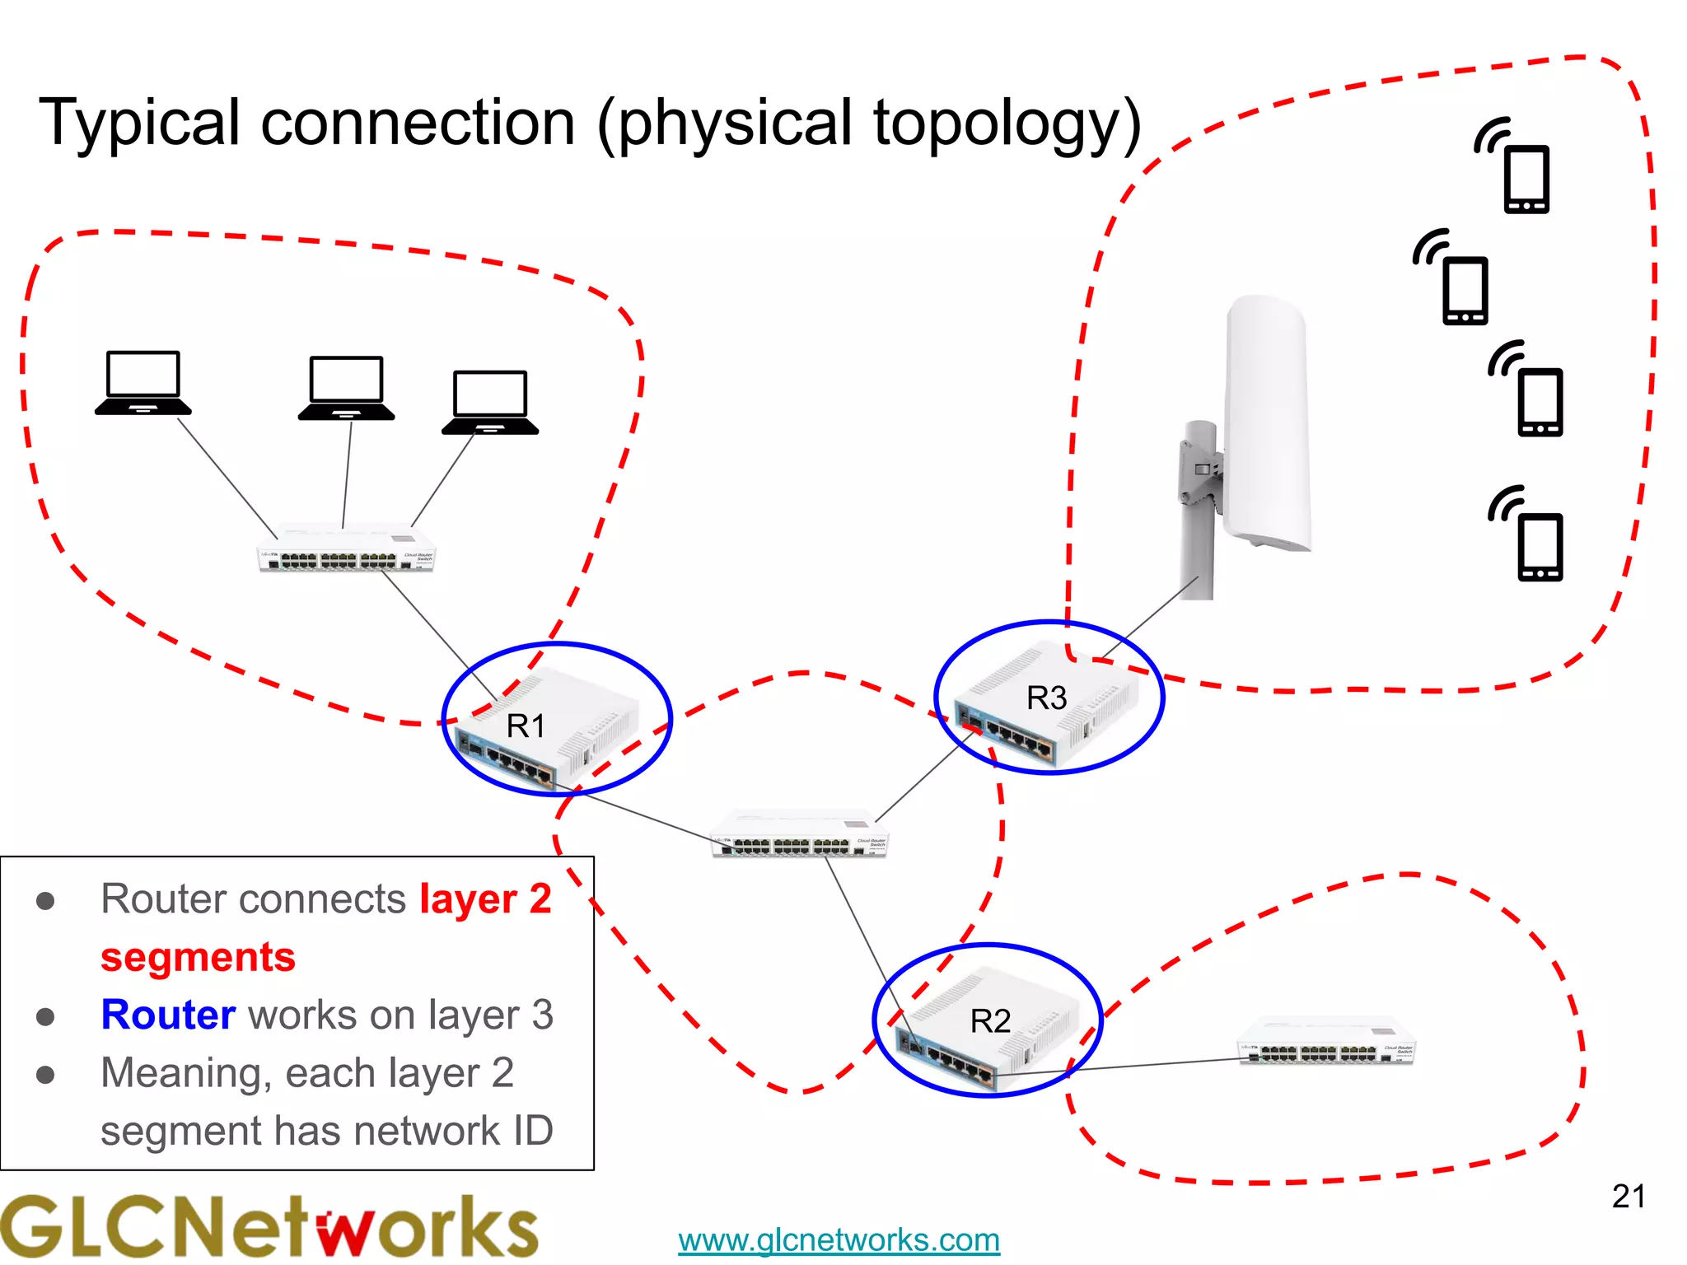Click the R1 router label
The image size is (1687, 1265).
pyautogui.click(x=526, y=726)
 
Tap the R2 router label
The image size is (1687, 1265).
pyautogui.click(x=990, y=1021)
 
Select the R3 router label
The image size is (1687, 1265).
pyautogui.click(x=1046, y=698)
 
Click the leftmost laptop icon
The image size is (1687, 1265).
pyautogui.click(x=143, y=383)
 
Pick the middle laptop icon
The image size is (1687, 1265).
pyautogui.click(x=346, y=388)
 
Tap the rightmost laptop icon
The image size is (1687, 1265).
pyautogui.click(x=490, y=402)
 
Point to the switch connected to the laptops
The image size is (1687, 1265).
pyautogui.click(x=346, y=548)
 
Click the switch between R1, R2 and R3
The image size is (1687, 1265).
pyautogui.click(x=799, y=834)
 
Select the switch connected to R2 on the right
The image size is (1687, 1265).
pyautogui.click(x=1326, y=1042)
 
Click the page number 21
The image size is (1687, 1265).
pyautogui.click(x=1629, y=1196)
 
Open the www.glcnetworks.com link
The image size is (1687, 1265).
pyautogui.click(x=839, y=1239)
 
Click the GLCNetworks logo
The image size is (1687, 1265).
pyautogui.click(x=268, y=1227)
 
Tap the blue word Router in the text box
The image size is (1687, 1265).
pyautogui.click(x=168, y=1015)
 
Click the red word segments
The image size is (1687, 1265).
pyautogui.click(x=198, y=957)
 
